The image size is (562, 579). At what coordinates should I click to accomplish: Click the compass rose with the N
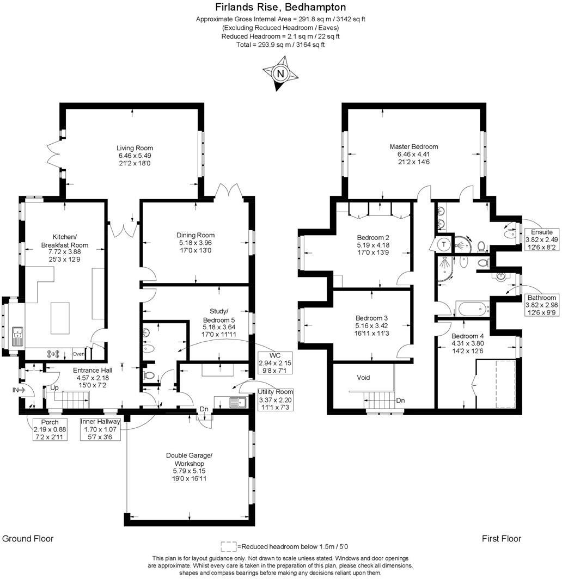click(280, 75)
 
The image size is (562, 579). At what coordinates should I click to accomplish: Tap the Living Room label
click(135, 155)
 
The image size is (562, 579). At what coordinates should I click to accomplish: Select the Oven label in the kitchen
click(79, 354)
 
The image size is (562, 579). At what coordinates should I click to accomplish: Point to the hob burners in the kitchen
click(54, 354)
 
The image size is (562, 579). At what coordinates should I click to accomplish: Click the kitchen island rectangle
click(60, 318)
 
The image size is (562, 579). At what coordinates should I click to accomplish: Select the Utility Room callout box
click(276, 399)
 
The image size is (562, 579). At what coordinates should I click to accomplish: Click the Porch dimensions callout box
click(50, 430)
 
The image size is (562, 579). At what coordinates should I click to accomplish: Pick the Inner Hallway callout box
click(101, 430)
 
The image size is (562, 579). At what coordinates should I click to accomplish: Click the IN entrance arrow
click(21, 390)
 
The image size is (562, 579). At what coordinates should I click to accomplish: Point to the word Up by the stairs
click(54, 388)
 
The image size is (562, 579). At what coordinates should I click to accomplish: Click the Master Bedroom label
click(413, 154)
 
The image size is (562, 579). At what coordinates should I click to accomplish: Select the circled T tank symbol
click(444, 244)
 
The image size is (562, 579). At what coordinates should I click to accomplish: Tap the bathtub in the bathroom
click(473, 311)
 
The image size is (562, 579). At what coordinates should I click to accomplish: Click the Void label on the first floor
click(363, 377)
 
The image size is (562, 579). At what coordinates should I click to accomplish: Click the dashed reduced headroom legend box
click(229, 546)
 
